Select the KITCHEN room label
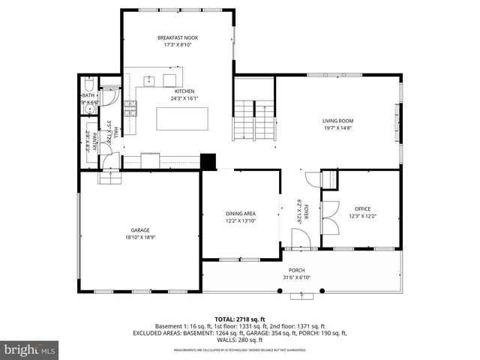point(184,91)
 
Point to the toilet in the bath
point(88,85)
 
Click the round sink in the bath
point(88,109)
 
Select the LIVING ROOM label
point(337,120)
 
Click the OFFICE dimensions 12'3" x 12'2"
point(362,216)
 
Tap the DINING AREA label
point(241,214)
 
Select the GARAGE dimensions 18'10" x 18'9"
point(140,237)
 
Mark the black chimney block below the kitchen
point(208,162)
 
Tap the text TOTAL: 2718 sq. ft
point(239,319)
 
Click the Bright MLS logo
point(30,349)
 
